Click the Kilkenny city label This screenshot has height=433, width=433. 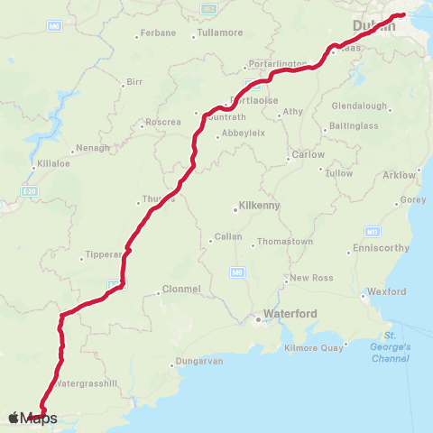tap(259, 206)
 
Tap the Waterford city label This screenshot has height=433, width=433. tap(287, 315)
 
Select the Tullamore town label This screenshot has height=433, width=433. tap(219, 33)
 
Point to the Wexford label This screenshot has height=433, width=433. tap(387, 291)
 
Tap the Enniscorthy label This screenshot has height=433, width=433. tap(382, 247)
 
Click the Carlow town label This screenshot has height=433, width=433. tap(309, 154)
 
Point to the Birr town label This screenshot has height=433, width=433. tap(134, 81)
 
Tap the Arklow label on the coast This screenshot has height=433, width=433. tap(400, 174)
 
